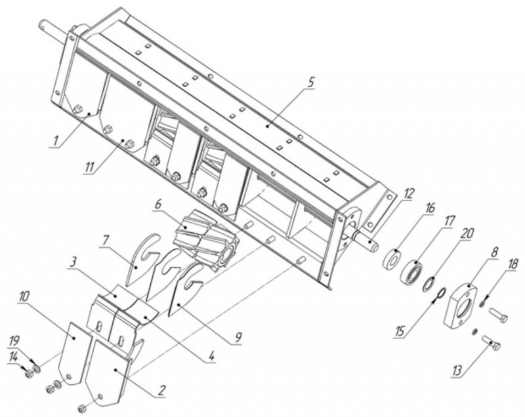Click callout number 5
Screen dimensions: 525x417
pyautogui.click(x=311, y=82)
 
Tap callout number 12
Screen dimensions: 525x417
pyautogui.click(x=409, y=194)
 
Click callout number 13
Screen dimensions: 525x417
pyautogui.click(x=457, y=370)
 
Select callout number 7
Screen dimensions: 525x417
pyautogui.click(x=105, y=241)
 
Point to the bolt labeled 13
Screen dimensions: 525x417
pyautogui.click(x=491, y=343)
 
